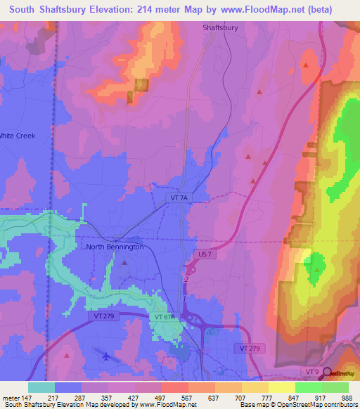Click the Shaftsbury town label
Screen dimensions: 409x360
[x=219, y=27]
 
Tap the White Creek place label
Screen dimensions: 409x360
[x=17, y=136]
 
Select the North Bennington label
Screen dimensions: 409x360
[x=114, y=247]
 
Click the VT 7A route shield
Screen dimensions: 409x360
[x=180, y=199]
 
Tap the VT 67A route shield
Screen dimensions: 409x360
[x=165, y=317]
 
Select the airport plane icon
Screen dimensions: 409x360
[x=105, y=356]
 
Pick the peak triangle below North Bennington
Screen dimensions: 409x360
[x=125, y=262]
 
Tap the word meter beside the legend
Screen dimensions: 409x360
[x=11, y=398]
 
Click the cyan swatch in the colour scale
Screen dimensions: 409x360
[x=41, y=387]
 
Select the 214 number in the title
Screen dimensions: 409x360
[x=136, y=9]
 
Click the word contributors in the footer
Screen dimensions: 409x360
[x=340, y=405]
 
